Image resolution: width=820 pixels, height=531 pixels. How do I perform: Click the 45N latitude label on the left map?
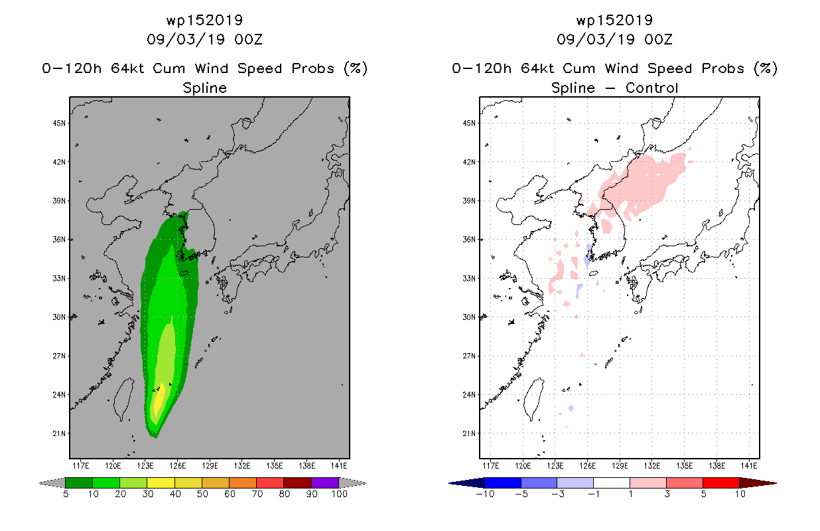click(x=59, y=123)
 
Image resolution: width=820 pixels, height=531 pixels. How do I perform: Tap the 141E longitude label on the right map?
click(x=748, y=466)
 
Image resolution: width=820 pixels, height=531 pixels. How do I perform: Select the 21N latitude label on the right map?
click(x=469, y=433)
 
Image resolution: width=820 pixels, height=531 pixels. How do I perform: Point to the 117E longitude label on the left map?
click(x=80, y=466)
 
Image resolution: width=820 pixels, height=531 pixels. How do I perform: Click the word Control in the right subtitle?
click(x=651, y=88)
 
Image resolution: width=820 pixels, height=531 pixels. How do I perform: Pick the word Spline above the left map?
click(x=204, y=88)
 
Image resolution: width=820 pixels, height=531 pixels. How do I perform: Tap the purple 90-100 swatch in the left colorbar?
click(x=325, y=483)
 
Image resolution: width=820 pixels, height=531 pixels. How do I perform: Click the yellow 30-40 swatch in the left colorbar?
click(x=161, y=483)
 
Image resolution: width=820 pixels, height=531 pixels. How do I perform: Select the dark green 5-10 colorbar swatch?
click(x=79, y=483)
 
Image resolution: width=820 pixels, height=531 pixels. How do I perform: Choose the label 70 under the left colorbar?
click(x=257, y=494)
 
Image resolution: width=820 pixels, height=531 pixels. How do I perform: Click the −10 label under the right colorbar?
click(x=485, y=494)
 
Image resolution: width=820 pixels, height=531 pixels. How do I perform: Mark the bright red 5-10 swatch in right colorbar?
click(x=721, y=483)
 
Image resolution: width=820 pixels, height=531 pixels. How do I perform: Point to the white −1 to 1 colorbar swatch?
click(x=612, y=483)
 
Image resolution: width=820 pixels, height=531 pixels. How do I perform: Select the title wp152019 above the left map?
click(x=204, y=20)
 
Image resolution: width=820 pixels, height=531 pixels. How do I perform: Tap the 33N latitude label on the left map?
click(x=59, y=278)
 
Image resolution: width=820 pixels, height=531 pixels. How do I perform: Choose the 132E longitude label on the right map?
click(x=652, y=466)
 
